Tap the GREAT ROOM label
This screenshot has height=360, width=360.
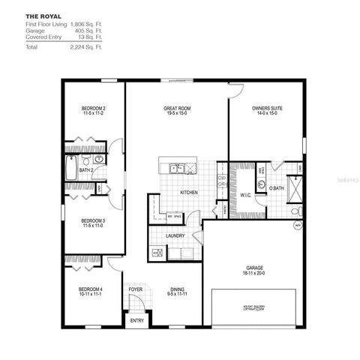point(178,109)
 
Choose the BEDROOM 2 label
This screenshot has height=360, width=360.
point(93,109)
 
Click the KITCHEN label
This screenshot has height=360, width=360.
point(188,193)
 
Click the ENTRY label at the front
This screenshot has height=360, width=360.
point(136,320)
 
